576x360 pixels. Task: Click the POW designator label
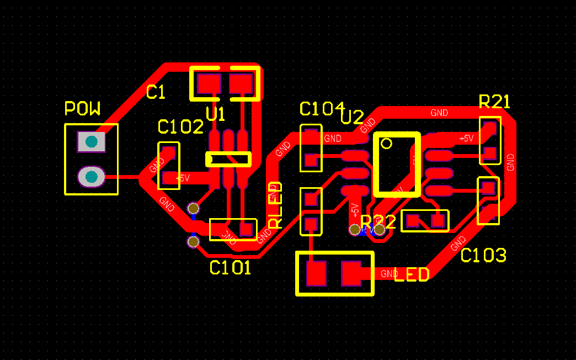(x=83, y=108)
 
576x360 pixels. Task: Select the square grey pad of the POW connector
(x=91, y=142)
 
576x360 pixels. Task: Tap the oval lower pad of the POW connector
(x=91, y=177)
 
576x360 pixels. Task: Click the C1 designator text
(x=156, y=93)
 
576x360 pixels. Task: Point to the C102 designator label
(x=180, y=128)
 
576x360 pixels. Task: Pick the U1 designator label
(x=216, y=115)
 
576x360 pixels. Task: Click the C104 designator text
(x=321, y=109)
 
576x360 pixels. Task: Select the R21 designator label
(x=494, y=102)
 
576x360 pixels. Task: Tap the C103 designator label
(x=483, y=256)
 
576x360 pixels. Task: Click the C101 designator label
(x=231, y=268)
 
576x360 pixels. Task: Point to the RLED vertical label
(x=275, y=205)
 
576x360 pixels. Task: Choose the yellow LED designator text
(x=412, y=274)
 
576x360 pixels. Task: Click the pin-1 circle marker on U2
(x=386, y=144)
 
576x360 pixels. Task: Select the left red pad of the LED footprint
(x=317, y=273)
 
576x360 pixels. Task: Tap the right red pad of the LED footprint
(x=351, y=273)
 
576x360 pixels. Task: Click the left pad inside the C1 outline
(x=209, y=84)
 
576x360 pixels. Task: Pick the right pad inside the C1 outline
(x=241, y=84)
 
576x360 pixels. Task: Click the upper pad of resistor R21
(x=489, y=128)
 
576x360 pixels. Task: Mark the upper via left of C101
(x=193, y=208)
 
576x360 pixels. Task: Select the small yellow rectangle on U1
(x=228, y=160)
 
